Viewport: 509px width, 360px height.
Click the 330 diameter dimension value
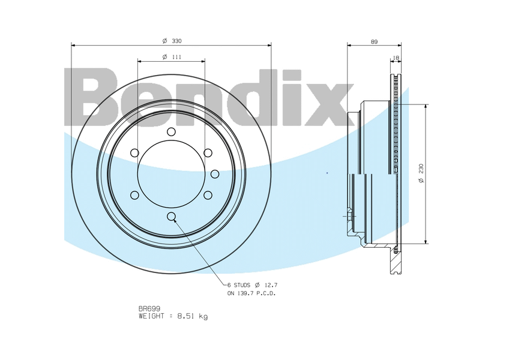[x=176, y=41]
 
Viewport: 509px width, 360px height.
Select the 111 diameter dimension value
[x=176, y=57]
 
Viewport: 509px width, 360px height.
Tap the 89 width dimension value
[x=375, y=41]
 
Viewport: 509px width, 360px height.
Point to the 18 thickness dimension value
[x=396, y=58]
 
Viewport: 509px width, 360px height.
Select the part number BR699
[x=149, y=308]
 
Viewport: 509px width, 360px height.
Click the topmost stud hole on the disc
[x=171, y=131]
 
